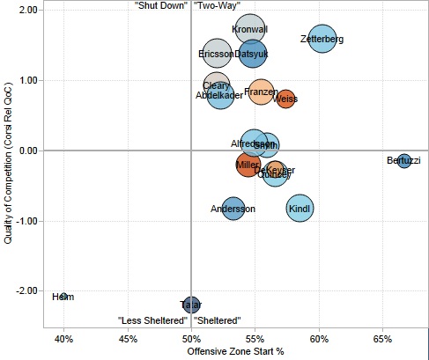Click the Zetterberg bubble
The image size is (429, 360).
point(322,40)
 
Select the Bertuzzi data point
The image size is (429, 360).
point(403,160)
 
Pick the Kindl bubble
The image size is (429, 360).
point(300,209)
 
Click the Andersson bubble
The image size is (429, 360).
point(233,209)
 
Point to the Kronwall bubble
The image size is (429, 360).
point(250,30)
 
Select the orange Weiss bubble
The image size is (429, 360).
point(285,99)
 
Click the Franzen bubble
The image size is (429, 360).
point(261,92)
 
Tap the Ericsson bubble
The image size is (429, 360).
point(216,54)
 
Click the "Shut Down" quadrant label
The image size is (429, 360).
point(159,6)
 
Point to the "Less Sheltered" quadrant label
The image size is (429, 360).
point(153,320)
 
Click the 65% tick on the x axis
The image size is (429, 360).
point(382,338)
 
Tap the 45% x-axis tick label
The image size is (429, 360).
point(128,338)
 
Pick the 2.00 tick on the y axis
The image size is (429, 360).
point(26,10)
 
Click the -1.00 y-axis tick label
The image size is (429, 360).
point(26,221)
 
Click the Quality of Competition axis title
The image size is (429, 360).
point(8,167)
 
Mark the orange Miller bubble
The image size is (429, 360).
point(248,165)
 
